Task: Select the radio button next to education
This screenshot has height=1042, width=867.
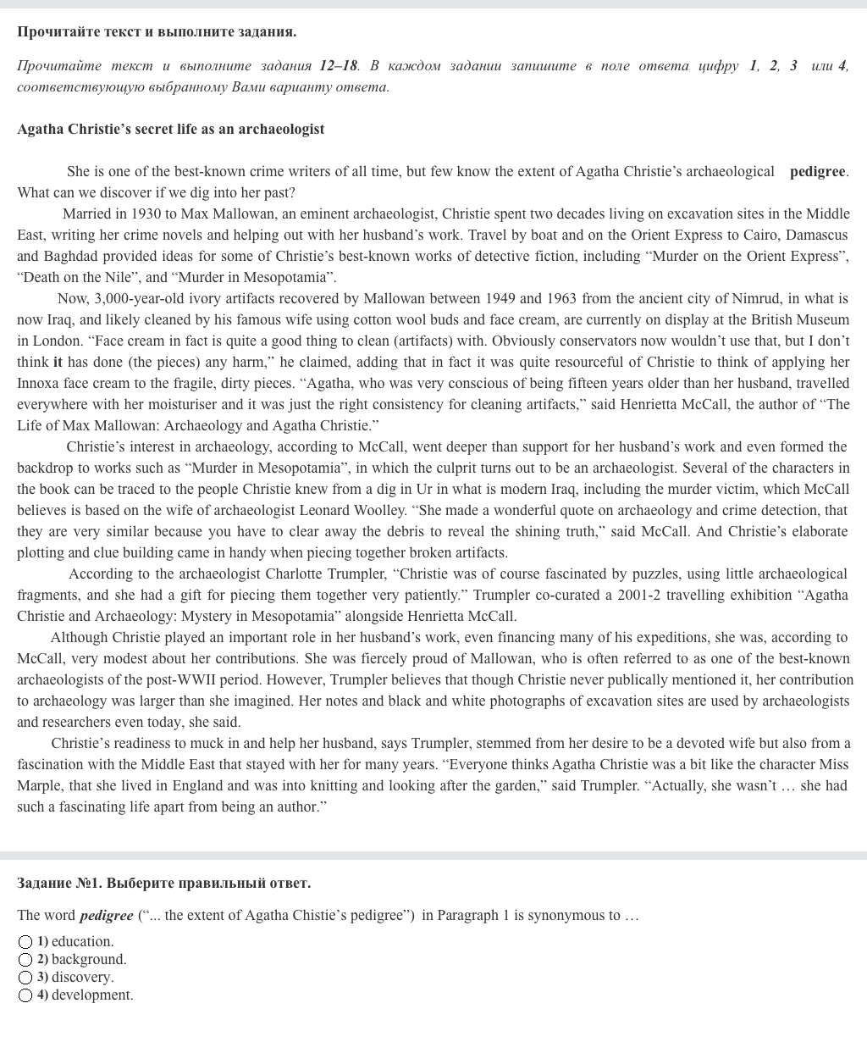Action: (x=26, y=942)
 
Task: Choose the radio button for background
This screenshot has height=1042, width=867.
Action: (x=26, y=960)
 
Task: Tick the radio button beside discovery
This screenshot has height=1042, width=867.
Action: (x=26, y=978)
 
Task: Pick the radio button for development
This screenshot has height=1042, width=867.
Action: (x=26, y=995)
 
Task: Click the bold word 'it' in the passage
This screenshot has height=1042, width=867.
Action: (x=58, y=362)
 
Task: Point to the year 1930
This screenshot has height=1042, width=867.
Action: (x=146, y=213)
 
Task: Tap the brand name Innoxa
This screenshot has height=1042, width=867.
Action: (x=39, y=383)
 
